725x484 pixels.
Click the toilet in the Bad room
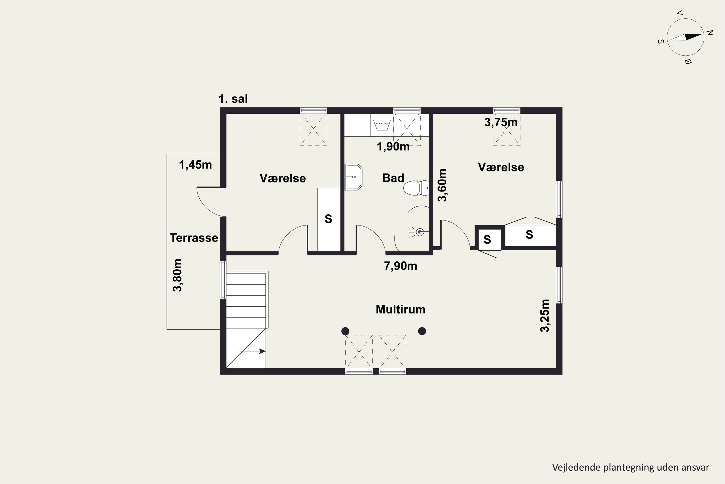coord(416,188)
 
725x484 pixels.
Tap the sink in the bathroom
coord(353,177)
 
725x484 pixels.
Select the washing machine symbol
coord(382,125)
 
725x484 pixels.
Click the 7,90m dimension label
coord(400,266)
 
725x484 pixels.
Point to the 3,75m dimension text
coord(501,122)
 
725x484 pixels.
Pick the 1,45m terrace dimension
coord(196,165)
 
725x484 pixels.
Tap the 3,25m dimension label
coord(545,316)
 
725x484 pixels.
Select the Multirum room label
coord(400,309)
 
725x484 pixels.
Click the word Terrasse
coord(194,238)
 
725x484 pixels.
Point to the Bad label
coord(393,178)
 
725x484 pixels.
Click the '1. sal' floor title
coord(233,99)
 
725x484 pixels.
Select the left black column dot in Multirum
coord(345,331)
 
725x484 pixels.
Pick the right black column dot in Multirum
coord(422,331)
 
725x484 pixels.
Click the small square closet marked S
coord(490,240)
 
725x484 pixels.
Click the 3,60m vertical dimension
coord(442,185)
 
